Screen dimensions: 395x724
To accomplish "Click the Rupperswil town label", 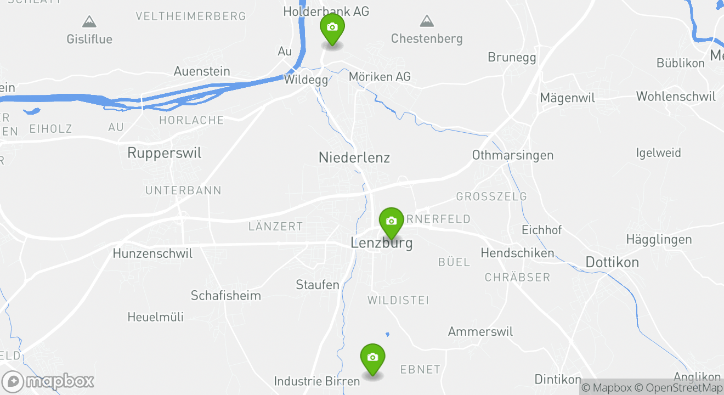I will coord(164,153).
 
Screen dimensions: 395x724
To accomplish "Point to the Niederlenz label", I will coord(354,157).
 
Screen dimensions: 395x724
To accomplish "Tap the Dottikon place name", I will coord(612,262).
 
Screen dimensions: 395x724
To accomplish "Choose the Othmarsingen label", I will coord(512,155).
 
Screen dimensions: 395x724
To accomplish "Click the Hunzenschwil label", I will coord(152,253).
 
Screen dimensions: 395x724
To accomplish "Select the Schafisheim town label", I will coord(225,295).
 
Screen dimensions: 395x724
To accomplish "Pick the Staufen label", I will coord(318,285).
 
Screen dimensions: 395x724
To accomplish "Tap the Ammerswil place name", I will coord(480,331).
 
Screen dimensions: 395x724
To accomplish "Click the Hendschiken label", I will coord(517,253).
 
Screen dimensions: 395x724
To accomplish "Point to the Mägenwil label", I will coord(567,98).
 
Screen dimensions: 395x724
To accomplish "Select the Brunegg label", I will coord(512,57).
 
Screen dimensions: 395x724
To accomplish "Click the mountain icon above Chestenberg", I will coord(426,22).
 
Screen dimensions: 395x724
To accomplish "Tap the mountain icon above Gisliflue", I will coord(89,22).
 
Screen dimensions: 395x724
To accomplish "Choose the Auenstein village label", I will coord(202,71).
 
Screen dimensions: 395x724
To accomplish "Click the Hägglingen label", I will coord(659,239).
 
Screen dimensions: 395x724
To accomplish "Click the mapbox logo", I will coord(48,381).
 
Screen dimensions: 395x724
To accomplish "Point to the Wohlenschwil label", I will coord(676,97).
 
